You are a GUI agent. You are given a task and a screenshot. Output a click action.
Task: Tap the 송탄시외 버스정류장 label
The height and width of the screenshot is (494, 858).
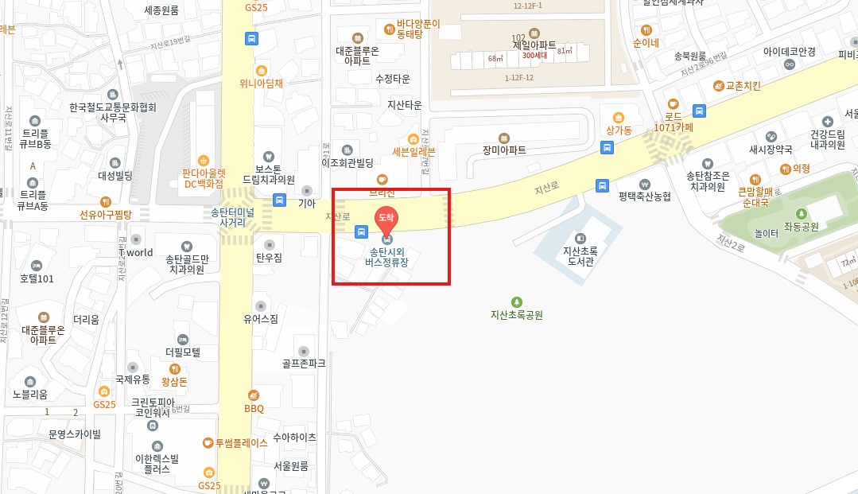tap(387, 257)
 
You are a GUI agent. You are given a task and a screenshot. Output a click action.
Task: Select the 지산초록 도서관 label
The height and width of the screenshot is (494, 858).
tap(579, 255)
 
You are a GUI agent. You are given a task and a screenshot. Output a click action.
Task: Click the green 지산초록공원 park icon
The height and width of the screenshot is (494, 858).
tap(517, 301)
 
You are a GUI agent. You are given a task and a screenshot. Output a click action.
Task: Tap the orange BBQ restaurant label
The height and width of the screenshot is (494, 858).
tap(254, 408)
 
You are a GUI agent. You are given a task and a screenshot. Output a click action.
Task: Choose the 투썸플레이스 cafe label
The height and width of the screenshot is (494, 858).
tap(241, 443)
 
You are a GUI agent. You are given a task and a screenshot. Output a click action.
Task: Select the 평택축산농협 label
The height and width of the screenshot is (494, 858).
tap(645, 196)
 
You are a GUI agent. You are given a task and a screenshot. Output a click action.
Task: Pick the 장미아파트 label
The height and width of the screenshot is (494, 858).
tap(504, 149)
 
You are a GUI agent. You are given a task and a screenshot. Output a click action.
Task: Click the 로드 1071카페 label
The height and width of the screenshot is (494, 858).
tap(674, 121)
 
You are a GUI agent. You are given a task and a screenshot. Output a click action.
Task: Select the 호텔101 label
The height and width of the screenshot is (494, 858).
tap(37, 278)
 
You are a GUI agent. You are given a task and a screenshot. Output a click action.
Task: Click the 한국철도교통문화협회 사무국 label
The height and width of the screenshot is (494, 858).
tap(113, 112)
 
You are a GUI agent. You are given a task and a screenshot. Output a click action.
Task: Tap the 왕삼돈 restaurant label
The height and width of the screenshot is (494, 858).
tap(174, 382)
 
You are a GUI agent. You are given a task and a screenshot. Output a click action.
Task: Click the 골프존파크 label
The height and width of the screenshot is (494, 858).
tap(304, 364)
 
